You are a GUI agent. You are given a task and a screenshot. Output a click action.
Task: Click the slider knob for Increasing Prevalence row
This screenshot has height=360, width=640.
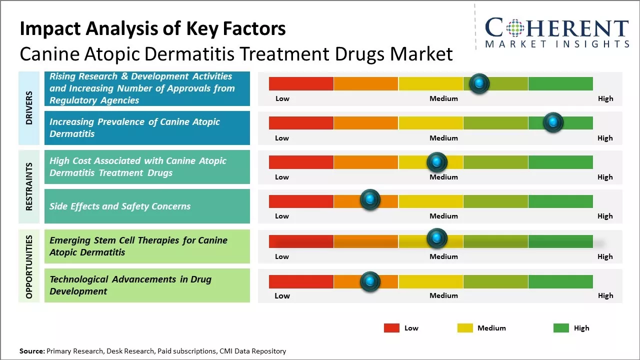tap(553, 122)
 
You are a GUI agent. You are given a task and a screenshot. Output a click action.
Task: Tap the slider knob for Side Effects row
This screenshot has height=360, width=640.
tap(370, 200)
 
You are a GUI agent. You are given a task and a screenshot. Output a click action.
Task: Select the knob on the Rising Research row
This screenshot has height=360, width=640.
tap(479, 83)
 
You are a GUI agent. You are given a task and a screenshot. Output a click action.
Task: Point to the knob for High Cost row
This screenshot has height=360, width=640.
tap(436, 162)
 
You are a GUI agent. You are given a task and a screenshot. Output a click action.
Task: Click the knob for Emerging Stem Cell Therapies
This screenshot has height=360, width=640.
tap(436, 239)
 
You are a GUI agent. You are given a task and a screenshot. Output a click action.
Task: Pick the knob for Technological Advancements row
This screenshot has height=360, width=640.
tap(370, 281)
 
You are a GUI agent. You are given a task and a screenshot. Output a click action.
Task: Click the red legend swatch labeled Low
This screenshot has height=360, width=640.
tap(391, 328)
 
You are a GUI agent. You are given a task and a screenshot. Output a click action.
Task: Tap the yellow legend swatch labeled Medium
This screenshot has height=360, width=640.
tap(465, 328)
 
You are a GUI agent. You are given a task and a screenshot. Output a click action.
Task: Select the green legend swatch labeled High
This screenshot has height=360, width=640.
tap(561, 328)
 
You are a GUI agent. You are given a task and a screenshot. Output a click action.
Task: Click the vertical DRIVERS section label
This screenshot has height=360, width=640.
tap(28, 107)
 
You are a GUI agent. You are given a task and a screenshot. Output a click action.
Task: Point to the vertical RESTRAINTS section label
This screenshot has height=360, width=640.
tap(28, 186)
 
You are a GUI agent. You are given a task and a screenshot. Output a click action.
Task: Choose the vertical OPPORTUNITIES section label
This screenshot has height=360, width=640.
tap(28, 266)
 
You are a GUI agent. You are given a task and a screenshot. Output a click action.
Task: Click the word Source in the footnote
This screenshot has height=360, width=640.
tap(32, 351)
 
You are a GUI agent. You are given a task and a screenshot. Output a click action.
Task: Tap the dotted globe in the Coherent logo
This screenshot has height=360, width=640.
tap(515, 28)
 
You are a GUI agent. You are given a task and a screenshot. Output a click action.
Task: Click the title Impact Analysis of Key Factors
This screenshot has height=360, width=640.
tap(152, 29)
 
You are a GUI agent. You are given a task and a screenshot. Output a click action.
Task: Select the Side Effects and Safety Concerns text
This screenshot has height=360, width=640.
tap(120, 206)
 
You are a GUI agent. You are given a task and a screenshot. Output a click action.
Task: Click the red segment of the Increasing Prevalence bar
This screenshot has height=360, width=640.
tap(301, 123)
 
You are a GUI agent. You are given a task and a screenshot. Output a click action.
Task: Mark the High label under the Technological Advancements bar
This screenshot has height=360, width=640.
tap(605, 295)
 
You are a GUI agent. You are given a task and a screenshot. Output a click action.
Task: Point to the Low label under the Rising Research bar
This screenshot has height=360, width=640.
tap(282, 98)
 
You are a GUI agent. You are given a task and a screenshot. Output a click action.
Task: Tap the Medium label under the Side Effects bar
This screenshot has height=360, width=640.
tap(443, 216)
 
